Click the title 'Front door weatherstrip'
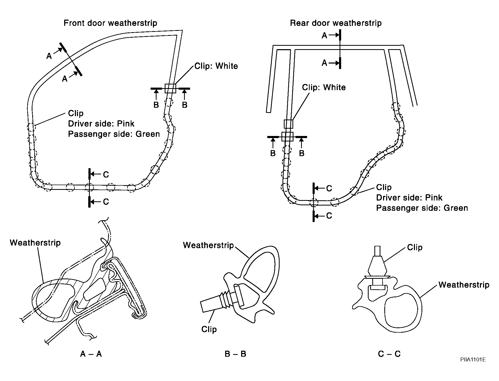pyautogui.click(x=110, y=23)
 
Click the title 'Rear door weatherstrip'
pyautogui.click(x=336, y=23)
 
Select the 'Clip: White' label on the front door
pyautogui.click(x=216, y=66)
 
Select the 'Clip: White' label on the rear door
pyautogui.click(x=324, y=87)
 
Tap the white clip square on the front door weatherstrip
pyautogui.click(x=170, y=88)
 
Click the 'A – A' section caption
pyautogui.click(x=91, y=354)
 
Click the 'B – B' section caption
pyautogui.click(x=235, y=354)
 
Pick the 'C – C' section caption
pyautogui.click(x=389, y=354)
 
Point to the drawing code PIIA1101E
pyautogui.click(x=473, y=360)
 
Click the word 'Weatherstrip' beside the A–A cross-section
pyautogui.click(x=35, y=243)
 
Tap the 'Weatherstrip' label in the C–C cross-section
pyautogui.click(x=464, y=285)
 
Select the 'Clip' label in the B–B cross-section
pyautogui.click(x=209, y=329)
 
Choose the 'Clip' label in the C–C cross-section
pyautogui.click(x=415, y=247)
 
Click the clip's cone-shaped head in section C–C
pyautogui.click(x=377, y=266)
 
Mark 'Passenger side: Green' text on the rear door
pyautogui.click(x=422, y=208)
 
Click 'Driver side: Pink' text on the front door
pyautogui.click(x=101, y=124)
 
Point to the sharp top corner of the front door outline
pyautogui.click(x=182, y=31)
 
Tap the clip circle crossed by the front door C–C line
pyautogui.click(x=89, y=187)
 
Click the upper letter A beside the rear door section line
pyautogui.click(x=324, y=36)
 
